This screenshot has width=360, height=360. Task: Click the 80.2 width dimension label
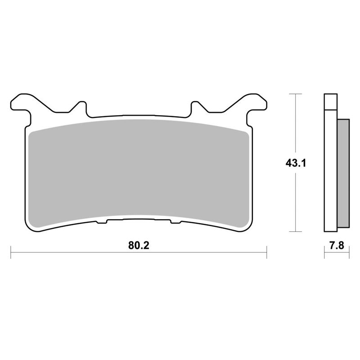139,246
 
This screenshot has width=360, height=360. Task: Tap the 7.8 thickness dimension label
336,246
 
